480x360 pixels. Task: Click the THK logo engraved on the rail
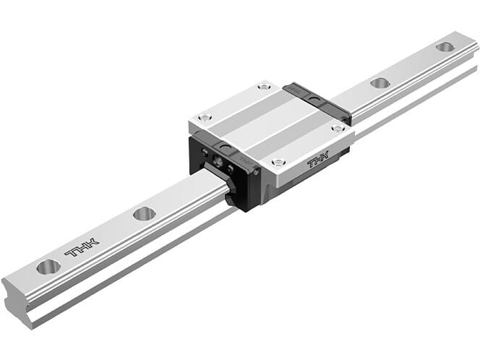click(82, 247)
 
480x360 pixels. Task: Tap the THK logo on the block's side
click(318, 159)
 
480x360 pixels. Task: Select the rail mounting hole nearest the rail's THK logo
click(48, 267)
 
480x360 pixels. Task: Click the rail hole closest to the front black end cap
click(145, 213)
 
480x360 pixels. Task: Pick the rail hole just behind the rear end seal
click(379, 82)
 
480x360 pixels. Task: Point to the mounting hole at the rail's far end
click(445, 46)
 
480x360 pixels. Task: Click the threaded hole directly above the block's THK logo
click(338, 128)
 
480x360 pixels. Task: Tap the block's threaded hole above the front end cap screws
click(204, 118)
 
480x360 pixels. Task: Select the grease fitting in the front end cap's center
click(218, 160)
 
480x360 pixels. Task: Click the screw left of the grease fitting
click(205, 152)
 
